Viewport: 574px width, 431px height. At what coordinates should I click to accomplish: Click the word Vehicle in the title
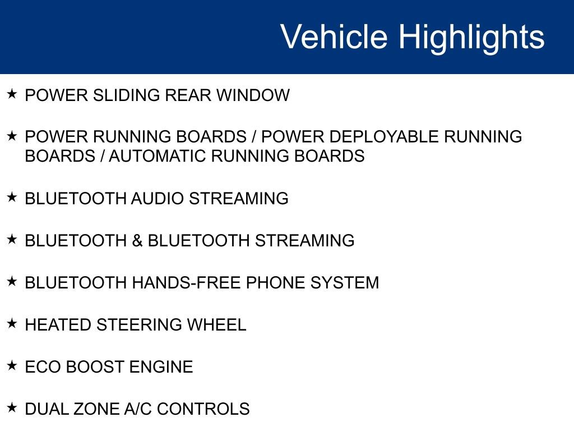pos(334,37)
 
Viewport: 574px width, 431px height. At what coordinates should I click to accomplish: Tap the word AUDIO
pos(158,199)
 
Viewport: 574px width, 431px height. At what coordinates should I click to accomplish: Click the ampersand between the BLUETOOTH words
pos(137,241)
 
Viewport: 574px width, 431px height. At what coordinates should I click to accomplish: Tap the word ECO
pos(43,367)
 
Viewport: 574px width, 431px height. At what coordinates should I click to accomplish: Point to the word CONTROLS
pos(203,409)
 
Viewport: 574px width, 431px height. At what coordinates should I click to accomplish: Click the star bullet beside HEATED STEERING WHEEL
pos(12,323)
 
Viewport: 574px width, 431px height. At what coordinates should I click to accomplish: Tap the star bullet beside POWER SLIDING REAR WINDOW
pos(12,94)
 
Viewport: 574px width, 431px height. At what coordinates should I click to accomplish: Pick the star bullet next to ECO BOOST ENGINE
pos(12,365)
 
